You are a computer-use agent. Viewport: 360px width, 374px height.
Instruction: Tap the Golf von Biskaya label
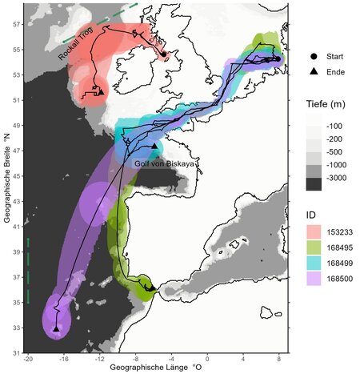(x=158, y=163)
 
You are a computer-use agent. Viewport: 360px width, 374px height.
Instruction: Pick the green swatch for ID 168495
(x=314, y=247)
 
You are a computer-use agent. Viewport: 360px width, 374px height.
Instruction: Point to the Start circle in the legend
(x=314, y=58)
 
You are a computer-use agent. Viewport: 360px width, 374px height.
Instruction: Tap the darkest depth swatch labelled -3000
(x=314, y=184)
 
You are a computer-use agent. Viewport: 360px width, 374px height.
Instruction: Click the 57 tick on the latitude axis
(x=17, y=24)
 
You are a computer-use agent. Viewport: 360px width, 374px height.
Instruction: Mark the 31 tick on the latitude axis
(x=17, y=352)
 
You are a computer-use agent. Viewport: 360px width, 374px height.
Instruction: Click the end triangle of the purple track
(x=56, y=328)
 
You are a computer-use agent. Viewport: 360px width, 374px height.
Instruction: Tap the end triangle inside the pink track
(x=101, y=92)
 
